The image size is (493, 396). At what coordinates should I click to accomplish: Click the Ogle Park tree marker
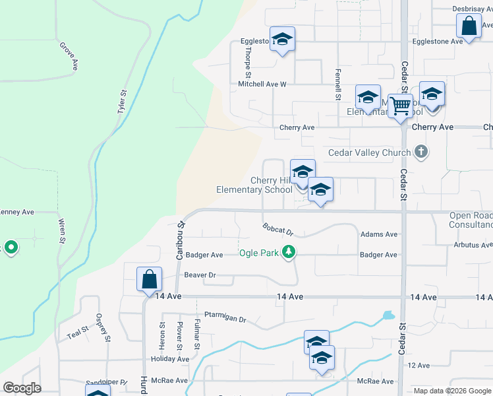(288, 251)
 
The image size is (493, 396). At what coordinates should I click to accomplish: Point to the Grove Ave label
(69, 56)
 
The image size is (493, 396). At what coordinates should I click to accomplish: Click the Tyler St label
(122, 102)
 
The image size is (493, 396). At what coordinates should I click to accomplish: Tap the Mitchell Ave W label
(262, 84)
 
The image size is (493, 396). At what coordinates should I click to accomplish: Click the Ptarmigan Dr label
(225, 317)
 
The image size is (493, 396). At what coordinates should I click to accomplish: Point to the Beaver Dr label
(200, 275)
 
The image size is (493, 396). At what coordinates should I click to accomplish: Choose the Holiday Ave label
(170, 359)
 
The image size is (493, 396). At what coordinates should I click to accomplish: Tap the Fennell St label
(337, 84)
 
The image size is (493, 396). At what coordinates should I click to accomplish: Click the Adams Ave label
(379, 234)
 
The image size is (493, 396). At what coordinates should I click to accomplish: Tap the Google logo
(22, 388)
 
